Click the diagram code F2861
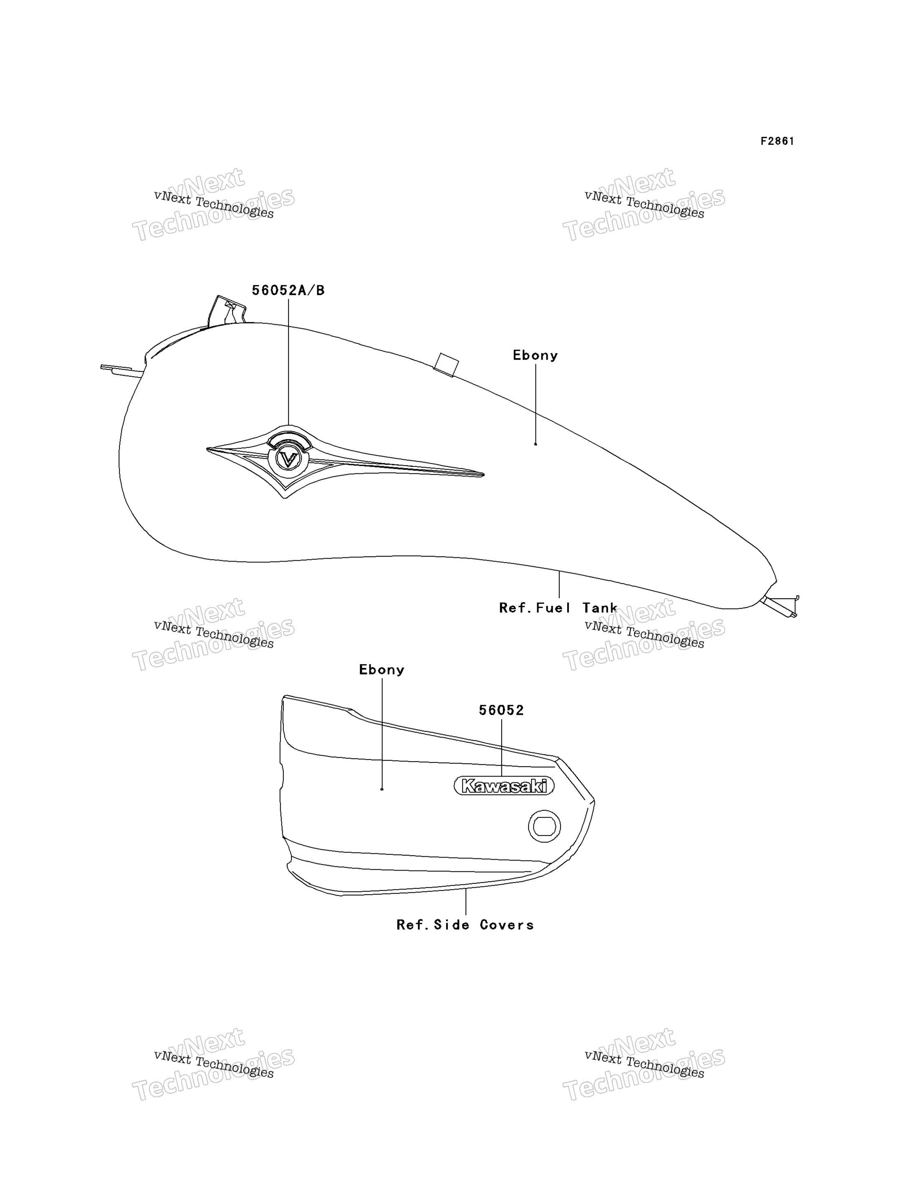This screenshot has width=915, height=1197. coord(777,141)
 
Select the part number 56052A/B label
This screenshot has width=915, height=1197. coord(288,291)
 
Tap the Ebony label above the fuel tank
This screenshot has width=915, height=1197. coord(536,355)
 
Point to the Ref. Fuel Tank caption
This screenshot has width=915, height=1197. coord(558,607)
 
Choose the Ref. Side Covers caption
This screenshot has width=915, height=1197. coord(465,925)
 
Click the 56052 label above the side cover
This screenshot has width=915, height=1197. coord(501,710)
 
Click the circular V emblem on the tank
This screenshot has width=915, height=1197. coord(289,458)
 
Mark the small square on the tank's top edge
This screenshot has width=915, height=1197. coord(446,364)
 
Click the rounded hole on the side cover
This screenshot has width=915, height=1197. coord(544,827)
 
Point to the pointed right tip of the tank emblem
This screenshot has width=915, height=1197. coord(484,475)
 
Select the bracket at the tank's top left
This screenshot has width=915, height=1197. coord(227,311)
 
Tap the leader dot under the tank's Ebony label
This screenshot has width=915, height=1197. coord(536,444)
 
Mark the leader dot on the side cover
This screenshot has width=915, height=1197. coord(382,789)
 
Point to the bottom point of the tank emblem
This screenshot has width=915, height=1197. coord(284,497)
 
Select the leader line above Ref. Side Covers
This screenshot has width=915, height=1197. coord(466,902)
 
